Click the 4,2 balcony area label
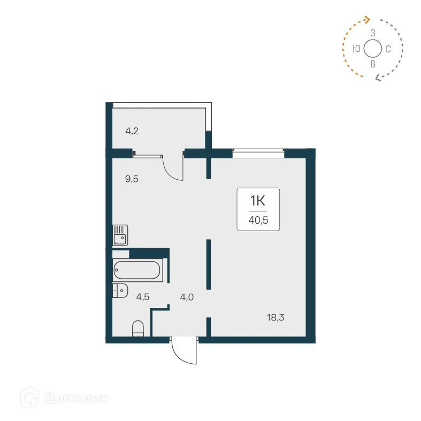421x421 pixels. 132,131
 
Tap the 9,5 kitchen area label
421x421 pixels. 132,179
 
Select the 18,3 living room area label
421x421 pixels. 275,317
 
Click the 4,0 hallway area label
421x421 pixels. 187,297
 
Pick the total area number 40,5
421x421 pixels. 258,218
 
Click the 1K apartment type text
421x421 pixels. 258,201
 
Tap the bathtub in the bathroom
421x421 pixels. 137,271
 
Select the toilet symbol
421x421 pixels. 138,328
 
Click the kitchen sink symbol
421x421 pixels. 120,235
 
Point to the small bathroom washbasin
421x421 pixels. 120,290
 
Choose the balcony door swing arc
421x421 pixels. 172,170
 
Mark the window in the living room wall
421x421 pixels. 258,154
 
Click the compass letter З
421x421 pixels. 372,33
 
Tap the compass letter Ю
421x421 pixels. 356,49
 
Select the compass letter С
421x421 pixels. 388,49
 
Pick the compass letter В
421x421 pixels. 372,64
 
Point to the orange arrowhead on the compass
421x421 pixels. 366,20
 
